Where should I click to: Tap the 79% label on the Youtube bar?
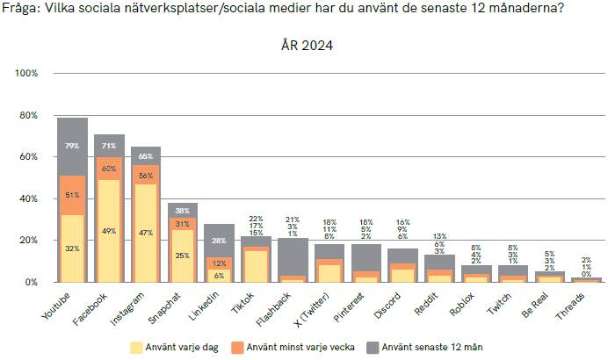[72, 145]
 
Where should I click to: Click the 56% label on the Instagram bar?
[146, 176]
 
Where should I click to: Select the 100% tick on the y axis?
[26, 74]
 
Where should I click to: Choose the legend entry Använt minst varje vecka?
[298, 347]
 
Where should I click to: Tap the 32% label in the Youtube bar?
[72, 249]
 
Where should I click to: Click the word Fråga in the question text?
[21, 9]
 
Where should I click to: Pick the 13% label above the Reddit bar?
[440, 237]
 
